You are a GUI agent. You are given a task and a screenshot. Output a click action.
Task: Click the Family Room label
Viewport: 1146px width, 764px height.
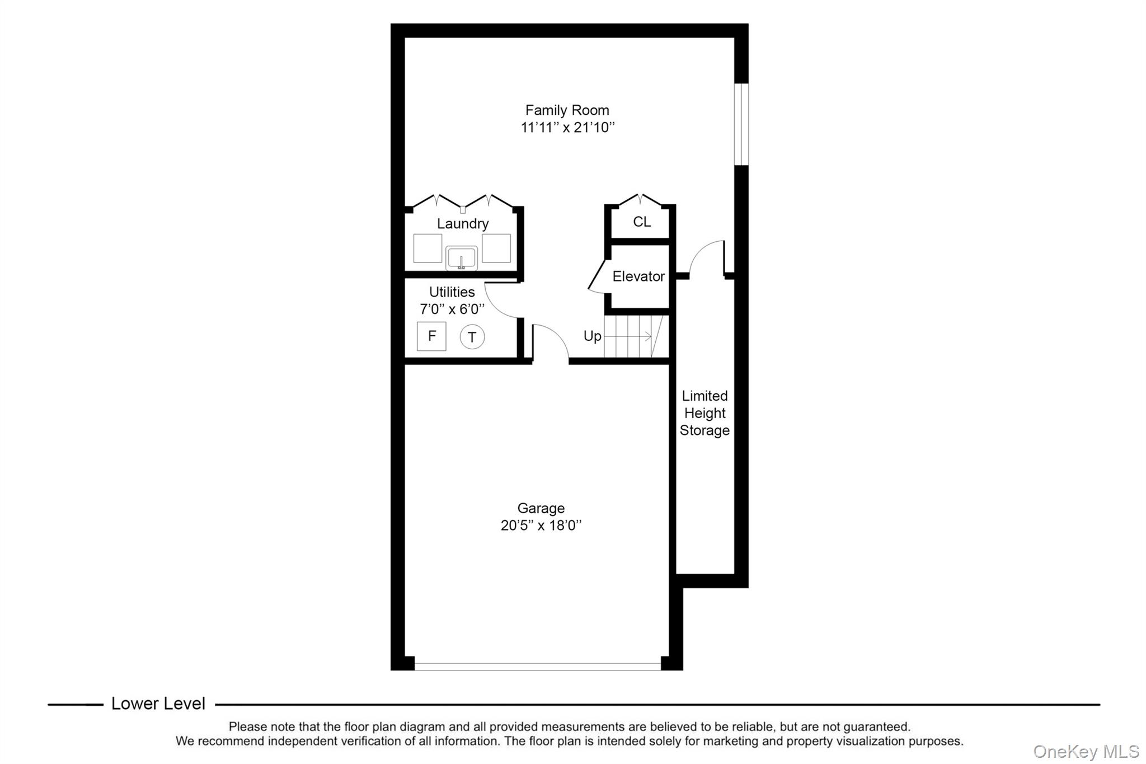(x=567, y=110)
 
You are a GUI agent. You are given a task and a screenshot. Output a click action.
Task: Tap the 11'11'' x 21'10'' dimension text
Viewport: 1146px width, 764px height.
(x=567, y=128)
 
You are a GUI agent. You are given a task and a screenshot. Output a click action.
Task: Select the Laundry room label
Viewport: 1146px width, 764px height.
(x=462, y=224)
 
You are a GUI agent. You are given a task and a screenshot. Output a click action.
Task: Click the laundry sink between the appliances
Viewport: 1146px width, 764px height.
(x=462, y=258)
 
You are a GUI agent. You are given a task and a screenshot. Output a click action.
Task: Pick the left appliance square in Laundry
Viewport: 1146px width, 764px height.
(x=428, y=249)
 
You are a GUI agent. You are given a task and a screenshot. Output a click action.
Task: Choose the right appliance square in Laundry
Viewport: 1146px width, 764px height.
(x=496, y=249)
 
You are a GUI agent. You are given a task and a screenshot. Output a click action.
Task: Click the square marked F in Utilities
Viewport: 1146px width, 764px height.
(x=431, y=336)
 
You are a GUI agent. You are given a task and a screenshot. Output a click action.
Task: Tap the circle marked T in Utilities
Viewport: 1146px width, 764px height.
(x=472, y=337)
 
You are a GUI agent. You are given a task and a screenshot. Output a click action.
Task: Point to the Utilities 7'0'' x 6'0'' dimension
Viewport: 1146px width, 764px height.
(x=452, y=309)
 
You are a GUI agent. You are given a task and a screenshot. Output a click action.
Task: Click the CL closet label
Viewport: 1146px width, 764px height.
(x=642, y=222)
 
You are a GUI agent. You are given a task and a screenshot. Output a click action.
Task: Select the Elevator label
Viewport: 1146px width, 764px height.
(x=638, y=276)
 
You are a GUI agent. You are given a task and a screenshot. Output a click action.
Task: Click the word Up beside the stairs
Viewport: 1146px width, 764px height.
(x=592, y=336)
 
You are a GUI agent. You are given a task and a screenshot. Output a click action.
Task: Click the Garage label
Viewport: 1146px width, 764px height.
(x=541, y=508)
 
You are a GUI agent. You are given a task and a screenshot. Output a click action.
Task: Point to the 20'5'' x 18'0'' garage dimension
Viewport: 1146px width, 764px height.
(x=541, y=526)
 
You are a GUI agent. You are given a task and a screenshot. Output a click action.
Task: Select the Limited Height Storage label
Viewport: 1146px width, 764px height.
(x=704, y=413)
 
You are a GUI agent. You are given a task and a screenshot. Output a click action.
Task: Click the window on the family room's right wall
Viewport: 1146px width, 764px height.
(x=741, y=124)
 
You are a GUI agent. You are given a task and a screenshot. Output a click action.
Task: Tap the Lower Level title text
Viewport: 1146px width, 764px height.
(x=158, y=704)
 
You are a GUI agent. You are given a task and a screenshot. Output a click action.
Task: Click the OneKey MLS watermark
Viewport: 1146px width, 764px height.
(x=1086, y=751)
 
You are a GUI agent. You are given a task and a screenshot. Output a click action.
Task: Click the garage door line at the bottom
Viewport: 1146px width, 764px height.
(x=537, y=666)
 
